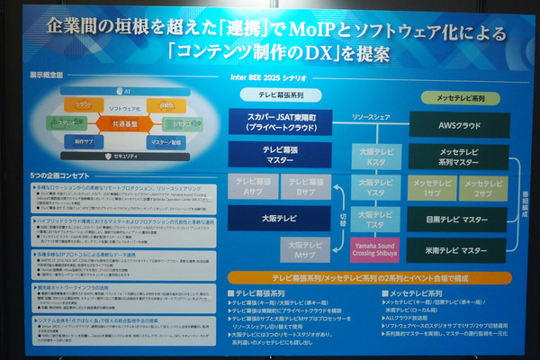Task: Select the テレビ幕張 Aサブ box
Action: (252, 185)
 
